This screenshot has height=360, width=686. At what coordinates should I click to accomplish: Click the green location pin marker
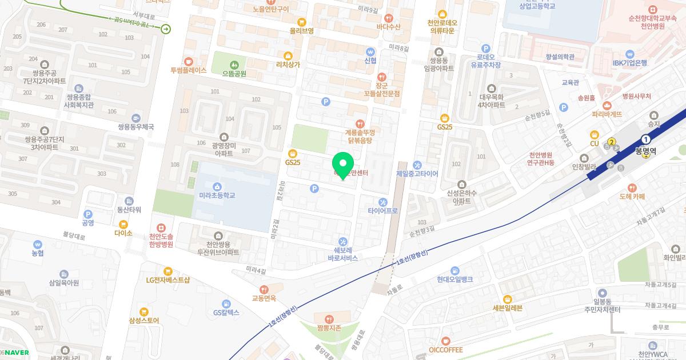pos(343,165)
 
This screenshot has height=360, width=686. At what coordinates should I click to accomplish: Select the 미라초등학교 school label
pos(217,195)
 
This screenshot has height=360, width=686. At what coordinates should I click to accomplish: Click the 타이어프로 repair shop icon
pos(383,202)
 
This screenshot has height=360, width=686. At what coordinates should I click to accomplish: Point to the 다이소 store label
pos(123,233)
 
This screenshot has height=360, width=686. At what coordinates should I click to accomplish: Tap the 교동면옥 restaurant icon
pos(264,289)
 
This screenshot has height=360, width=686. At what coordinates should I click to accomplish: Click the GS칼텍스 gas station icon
pos(227,303)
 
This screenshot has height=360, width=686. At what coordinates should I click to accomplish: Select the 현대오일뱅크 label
pos(454,279)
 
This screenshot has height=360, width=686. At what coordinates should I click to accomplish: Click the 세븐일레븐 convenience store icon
pos(507,299)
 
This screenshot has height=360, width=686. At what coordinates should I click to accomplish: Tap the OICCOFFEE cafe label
pos(445,350)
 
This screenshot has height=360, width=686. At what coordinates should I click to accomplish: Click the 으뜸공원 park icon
pos(234,65)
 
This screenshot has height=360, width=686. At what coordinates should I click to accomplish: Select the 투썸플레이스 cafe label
pos(188,71)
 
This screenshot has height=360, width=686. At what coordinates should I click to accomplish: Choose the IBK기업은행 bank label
pos(629,63)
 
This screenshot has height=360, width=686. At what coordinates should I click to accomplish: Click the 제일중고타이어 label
pos(417,174)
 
